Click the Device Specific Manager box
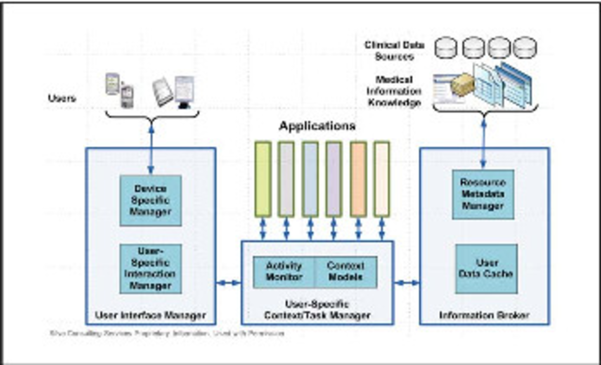pyautogui.click(x=151, y=200)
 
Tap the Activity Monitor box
pyautogui.click(x=284, y=272)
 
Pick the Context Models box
pyautogui.click(x=346, y=272)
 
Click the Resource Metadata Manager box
pyautogui.click(x=483, y=194)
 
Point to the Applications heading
pyautogui.click(x=317, y=126)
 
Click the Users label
pyautogui.click(x=62, y=99)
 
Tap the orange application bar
pyautogui.click(x=358, y=179)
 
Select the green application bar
pyautogui.click(x=263, y=179)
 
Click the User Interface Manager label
pyautogui.click(x=151, y=315)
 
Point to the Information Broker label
pyautogui.click(x=484, y=315)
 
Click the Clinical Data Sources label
pyautogui.click(x=394, y=51)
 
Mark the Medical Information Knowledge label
pyautogui.click(x=394, y=91)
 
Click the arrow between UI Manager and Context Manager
pyautogui.click(x=229, y=283)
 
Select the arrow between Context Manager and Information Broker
pyautogui.click(x=407, y=283)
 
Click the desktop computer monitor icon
pyautogui.click(x=184, y=91)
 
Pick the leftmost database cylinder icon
pyautogui.click(x=446, y=48)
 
